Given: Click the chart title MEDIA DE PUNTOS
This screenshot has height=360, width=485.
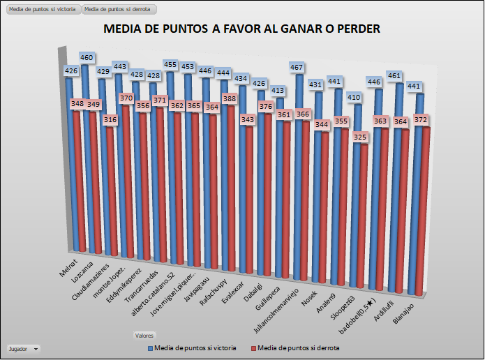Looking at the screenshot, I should coord(241,29).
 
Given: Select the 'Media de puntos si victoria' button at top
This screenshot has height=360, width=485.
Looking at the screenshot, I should coord(42,10).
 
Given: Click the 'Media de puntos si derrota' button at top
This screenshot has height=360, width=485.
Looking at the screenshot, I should coord(119,10).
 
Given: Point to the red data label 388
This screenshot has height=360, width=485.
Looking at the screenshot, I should coord(229,98).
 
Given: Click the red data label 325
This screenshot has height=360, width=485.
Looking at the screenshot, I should coord(360,137).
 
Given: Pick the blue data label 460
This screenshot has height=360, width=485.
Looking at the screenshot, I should coord(87,57).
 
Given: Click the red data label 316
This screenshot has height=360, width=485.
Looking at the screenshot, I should coord(110,120).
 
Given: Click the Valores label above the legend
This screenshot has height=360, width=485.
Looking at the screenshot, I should coord(144,336).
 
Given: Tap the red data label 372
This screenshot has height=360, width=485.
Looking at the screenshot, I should coord(421,121).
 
